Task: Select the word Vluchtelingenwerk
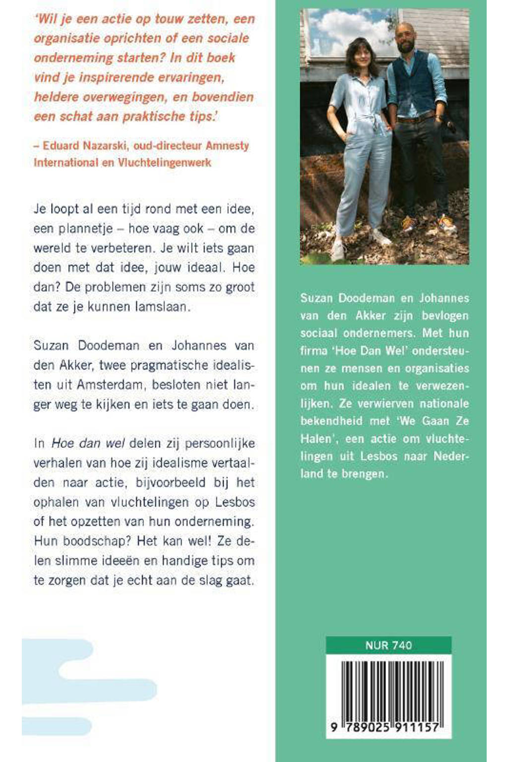164,163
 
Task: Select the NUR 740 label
388,645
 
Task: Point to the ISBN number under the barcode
385,728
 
